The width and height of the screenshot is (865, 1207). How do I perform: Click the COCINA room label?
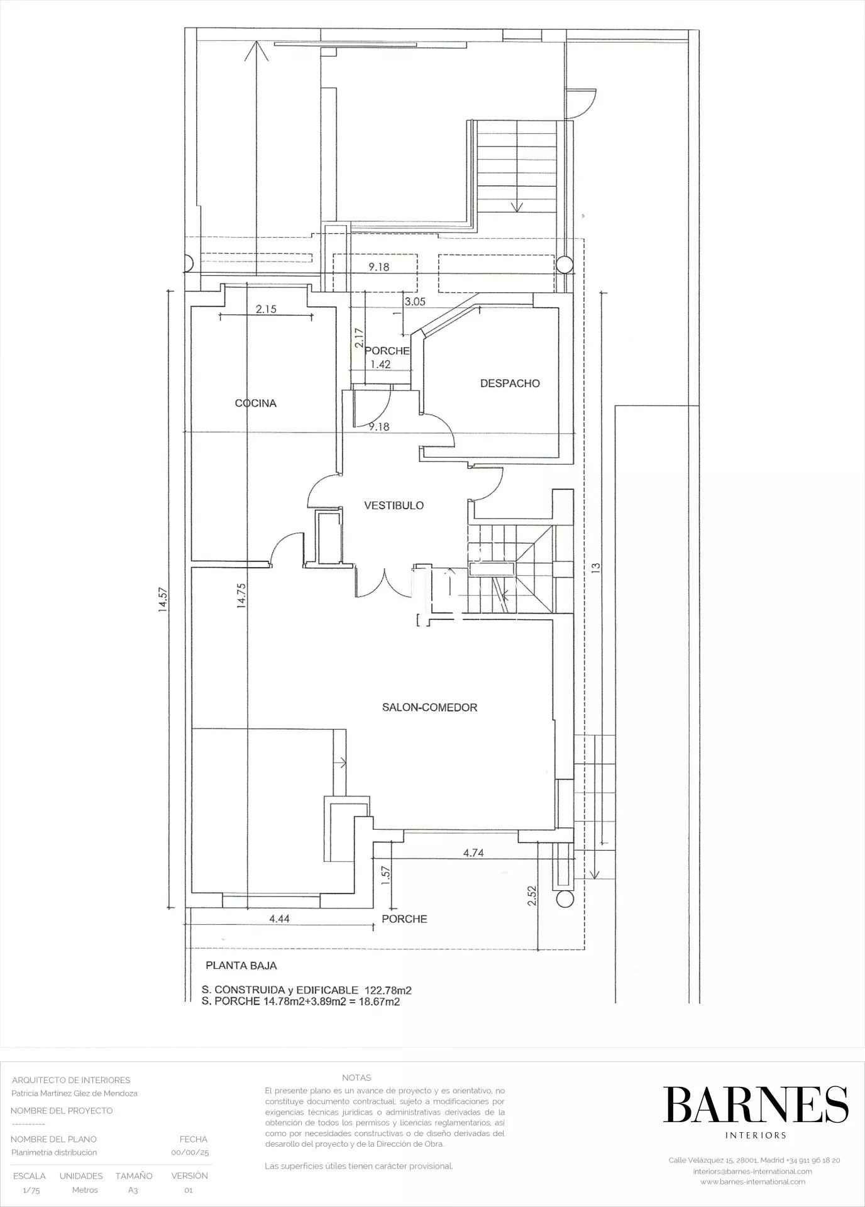click(256, 404)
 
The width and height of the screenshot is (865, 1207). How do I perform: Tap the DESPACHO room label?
click(510, 383)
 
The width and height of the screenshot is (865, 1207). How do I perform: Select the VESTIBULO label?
click(394, 505)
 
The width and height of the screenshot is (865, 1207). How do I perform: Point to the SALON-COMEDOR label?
click(430, 707)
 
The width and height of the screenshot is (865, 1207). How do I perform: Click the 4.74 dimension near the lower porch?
click(473, 853)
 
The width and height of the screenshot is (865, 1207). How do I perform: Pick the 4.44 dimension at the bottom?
click(279, 918)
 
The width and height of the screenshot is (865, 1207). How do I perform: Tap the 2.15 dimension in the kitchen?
click(266, 309)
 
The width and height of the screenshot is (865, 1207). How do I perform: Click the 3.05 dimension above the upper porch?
click(415, 302)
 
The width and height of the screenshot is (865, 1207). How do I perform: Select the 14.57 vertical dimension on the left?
click(163, 599)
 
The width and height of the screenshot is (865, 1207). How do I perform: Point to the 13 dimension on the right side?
click(596, 566)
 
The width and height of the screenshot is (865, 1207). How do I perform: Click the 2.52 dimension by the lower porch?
click(532, 895)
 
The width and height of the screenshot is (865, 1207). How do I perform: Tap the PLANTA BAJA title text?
click(241, 966)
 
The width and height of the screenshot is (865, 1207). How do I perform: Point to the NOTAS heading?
click(356, 1077)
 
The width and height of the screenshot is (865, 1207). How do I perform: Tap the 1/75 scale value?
click(30, 1190)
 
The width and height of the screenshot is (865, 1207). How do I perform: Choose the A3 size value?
click(133, 1190)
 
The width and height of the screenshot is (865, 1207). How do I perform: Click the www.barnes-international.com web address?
click(753, 1181)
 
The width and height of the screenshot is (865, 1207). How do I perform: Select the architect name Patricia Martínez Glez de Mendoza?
click(74, 1093)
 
